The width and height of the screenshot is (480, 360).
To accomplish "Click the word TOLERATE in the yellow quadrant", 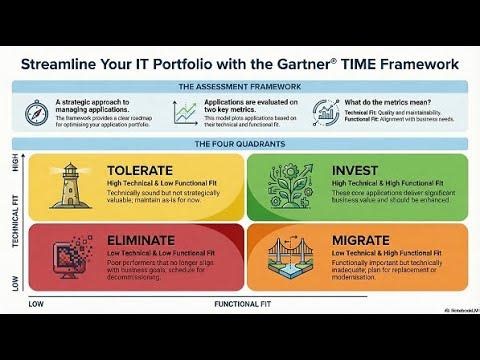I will coord(140,169).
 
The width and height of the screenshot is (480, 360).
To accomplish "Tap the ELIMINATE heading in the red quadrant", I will coord(144,241).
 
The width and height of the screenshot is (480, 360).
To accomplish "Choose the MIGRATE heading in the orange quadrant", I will coord(364,241).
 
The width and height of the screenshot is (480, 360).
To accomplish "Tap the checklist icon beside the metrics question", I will coord(326,113).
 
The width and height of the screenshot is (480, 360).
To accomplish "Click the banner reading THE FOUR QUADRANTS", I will coord(239,142).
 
